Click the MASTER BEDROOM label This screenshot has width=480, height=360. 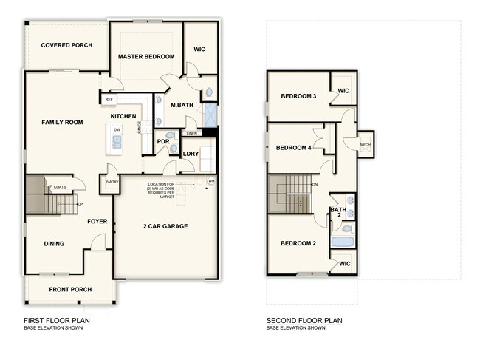[x=146, y=57]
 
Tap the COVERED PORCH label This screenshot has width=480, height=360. [x=66, y=45]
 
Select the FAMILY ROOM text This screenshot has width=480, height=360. [x=62, y=122]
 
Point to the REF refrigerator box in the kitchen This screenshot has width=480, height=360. [x=109, y=99]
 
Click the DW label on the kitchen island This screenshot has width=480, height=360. [x=117, y=129]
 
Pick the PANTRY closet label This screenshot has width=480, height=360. [x=112, y=181]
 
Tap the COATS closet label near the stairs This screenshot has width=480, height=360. [x=60, y=187]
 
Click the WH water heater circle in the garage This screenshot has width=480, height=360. [x=211, y=180]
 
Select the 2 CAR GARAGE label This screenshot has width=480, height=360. [x=165, y=226]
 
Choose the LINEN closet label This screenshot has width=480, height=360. [x=192, y=134]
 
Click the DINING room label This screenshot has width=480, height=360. [x=54, y=244]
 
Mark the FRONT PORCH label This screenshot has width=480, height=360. [x=70, y=289]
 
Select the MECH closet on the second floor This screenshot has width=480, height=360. [x=365, y=144]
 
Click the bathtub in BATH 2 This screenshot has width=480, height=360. [x=343, y=242]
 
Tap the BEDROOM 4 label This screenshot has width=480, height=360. [x=294, y=148]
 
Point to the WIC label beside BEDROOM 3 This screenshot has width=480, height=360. [x=343, y=91]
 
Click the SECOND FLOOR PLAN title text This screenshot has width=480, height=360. [x=304, y=321]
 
